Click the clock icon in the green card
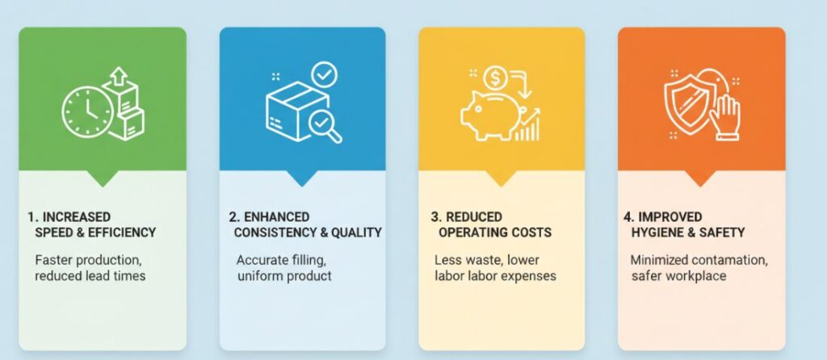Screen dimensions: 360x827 pos(87,111)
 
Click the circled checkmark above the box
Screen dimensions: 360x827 pos(325,76)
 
